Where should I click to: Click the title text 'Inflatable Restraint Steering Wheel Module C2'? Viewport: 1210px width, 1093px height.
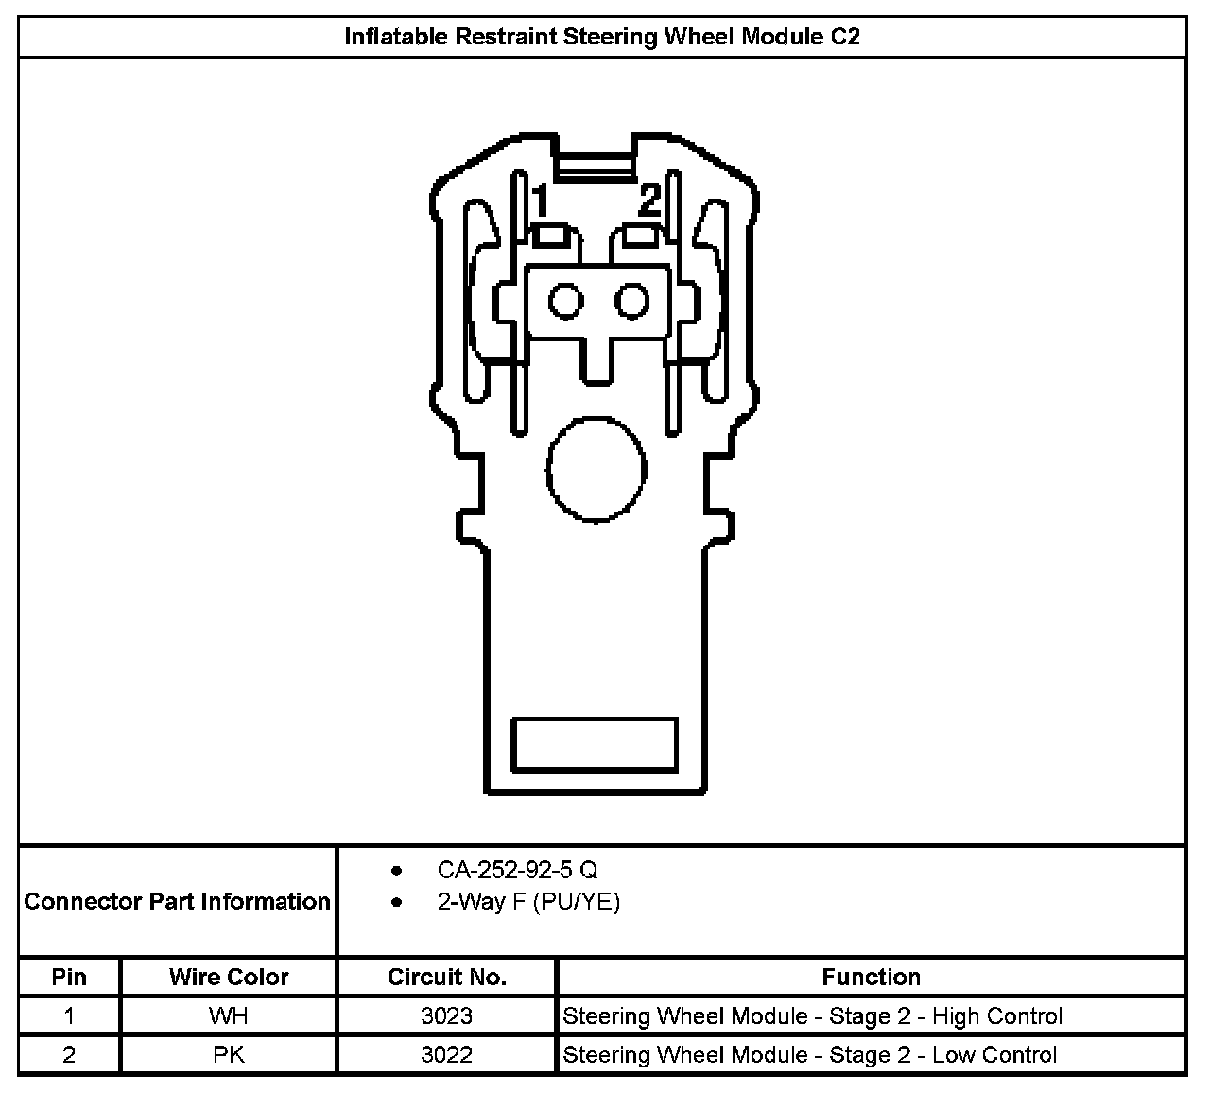(602, 38)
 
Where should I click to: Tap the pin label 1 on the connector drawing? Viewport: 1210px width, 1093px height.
(540, 201)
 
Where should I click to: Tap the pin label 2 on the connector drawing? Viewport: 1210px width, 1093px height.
(649, 200)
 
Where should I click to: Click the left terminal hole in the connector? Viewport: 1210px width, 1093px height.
(566, 303)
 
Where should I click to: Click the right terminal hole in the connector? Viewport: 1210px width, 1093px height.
(631, 303)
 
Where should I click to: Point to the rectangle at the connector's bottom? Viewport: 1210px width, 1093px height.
(595, 743)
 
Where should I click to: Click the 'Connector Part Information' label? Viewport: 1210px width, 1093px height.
(178, 901)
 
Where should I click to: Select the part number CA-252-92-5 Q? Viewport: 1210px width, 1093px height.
(517, 870)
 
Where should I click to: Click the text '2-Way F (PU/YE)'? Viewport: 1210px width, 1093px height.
(528, 902)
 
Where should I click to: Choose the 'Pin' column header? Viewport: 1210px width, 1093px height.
(69, 977)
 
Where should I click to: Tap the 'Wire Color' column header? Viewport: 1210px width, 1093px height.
(229, 977)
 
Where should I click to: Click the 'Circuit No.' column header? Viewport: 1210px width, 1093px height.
(447, 977)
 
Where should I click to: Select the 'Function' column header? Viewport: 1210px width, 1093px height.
(871, 977)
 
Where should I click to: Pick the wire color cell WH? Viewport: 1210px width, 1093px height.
(229, 1016)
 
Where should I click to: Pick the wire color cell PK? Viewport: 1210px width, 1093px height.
(229, 1055)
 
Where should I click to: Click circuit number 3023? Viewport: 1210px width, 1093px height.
(447, 1016)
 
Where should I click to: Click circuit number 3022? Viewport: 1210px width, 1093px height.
(447, 1055)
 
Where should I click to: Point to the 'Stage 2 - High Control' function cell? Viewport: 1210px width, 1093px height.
(812, 1016)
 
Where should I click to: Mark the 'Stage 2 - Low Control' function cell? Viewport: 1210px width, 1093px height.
(809, 1055)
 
